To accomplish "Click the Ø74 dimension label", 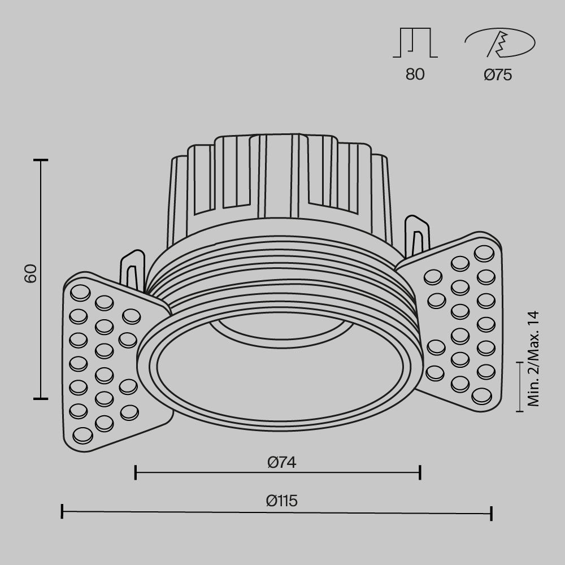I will coord(282,462).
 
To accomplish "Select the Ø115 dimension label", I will coord(282,501).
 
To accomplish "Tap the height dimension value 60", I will coord(31,273).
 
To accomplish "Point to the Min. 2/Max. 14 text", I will coord(533,359).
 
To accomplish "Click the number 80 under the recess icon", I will coord(415,75).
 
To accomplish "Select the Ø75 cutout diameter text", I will coord(498,75).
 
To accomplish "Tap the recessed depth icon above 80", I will coord(415,44).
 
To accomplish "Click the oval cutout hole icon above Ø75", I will coord(499,44).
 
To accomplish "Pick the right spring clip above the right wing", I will coord(416,234).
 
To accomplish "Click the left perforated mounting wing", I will coord(105,362).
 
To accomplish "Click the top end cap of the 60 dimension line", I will coord(40,160).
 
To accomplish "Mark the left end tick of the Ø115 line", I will coord(62,512).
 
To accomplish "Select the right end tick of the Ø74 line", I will coord(420,472).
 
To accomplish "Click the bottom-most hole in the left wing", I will coord(83,435).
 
